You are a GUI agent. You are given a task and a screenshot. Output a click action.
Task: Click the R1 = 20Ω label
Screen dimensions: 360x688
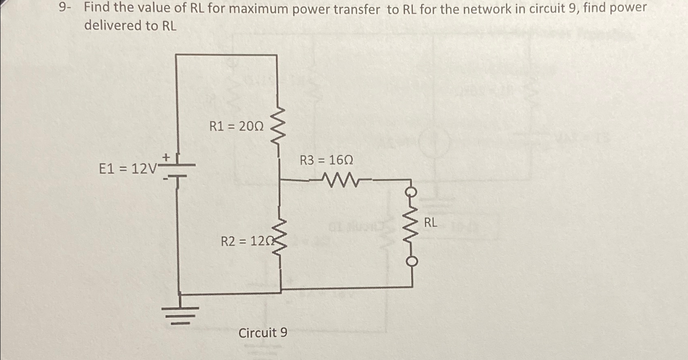236,127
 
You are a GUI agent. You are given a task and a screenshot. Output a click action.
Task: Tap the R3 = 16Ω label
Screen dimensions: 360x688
326,161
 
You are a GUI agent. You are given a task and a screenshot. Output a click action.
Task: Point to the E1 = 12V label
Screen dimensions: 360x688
127,168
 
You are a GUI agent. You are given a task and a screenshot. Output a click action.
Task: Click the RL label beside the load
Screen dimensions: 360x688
431,223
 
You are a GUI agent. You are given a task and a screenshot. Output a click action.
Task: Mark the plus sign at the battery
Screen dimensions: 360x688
166,156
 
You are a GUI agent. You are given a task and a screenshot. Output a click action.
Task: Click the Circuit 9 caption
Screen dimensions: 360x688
262,333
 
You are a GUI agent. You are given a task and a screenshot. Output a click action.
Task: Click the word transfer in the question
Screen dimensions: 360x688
356,9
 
